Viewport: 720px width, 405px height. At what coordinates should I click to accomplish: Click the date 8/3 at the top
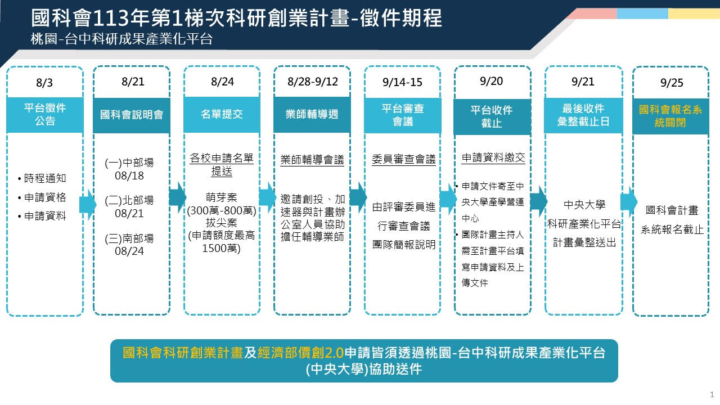44,83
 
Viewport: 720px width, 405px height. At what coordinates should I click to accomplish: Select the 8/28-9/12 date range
312,82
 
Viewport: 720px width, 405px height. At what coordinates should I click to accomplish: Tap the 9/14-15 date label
402,82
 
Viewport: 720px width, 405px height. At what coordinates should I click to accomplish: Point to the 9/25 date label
672,83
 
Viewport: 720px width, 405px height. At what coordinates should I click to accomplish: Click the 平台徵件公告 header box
45,114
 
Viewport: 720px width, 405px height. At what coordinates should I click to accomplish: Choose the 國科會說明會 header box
132,115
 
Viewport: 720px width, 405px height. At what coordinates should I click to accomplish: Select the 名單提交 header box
222,114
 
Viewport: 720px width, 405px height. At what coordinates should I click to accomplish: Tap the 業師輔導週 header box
312,114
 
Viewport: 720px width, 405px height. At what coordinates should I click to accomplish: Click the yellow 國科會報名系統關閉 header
670,116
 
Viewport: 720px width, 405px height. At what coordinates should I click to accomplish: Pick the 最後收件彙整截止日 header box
583,115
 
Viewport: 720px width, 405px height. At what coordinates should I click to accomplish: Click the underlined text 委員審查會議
404,159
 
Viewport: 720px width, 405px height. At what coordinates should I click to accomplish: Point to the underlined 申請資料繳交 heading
493,158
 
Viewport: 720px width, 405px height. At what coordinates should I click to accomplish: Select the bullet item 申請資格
45,197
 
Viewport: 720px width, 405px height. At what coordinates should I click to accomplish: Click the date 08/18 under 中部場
129,176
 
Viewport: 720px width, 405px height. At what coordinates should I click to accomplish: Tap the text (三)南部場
129,238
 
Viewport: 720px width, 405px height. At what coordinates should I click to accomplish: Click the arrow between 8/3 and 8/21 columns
88,204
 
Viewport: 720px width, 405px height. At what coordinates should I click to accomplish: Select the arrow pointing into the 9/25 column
629,202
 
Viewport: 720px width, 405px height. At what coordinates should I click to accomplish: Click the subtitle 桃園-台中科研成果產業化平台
121,39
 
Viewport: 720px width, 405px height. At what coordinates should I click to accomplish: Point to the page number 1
712,394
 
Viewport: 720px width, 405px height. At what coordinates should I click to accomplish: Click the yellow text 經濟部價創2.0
300,353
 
